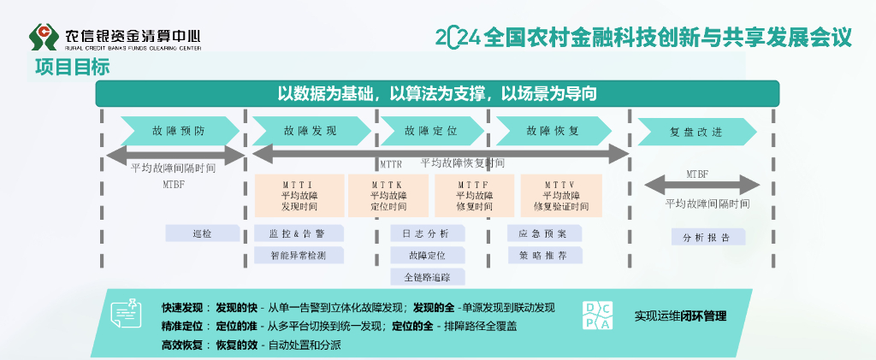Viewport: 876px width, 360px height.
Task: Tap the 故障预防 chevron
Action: pos(179,131)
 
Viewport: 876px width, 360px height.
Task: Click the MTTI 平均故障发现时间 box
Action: pos(299,196)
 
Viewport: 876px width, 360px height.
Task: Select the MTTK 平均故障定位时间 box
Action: pos(388,196)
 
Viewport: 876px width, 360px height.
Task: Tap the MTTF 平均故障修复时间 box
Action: pos(473,196)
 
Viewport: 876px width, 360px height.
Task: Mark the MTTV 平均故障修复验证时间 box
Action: pos(560,196)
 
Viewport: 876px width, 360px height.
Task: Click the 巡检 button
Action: pos(203,233)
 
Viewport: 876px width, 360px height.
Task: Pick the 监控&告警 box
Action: pos(299,233)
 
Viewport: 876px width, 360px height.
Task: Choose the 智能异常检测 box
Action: pos(299,255)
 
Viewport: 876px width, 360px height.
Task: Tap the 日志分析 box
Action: pos(428,233)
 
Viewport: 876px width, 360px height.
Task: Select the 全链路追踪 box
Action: pos(428,276)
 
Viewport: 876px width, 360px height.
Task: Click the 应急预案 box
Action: pos(544,233)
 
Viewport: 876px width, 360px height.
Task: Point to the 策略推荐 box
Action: pos(544,255)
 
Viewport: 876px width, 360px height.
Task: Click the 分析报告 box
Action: pos(707,237)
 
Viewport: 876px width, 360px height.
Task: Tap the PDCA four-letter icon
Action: pos(597,315)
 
